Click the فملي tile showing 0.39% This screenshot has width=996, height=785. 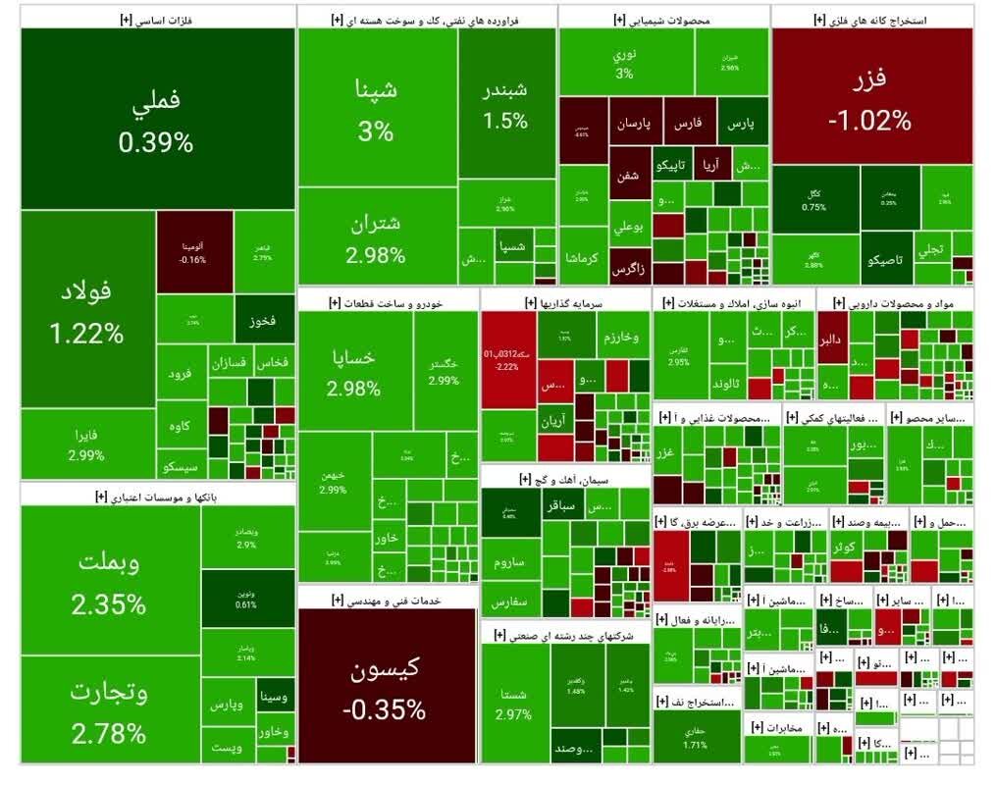click(x=157, y=118)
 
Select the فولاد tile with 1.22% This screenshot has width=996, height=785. click(x=87, y=309)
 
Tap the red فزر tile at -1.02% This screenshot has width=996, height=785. click(x=871, y=98)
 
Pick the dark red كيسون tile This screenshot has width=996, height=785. click(x=384, y=687)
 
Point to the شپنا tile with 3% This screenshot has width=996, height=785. click(x=376, y=108)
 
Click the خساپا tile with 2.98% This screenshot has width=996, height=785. click(x=354, y=373)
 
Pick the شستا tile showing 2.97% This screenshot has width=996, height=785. click(x=514, y=703)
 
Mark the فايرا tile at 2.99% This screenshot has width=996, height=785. click(x=86, y=445)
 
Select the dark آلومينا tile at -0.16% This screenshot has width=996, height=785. click(x=194, y=251)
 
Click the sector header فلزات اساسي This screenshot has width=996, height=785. click(x=157, y=20)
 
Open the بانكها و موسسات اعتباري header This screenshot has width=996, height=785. click(x=157, y=497)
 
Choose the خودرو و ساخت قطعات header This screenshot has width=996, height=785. click(x=388, y=303)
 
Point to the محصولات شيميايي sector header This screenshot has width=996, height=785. click(x=665, y=20)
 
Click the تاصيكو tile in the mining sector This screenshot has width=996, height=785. click(x=886, y=261)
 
